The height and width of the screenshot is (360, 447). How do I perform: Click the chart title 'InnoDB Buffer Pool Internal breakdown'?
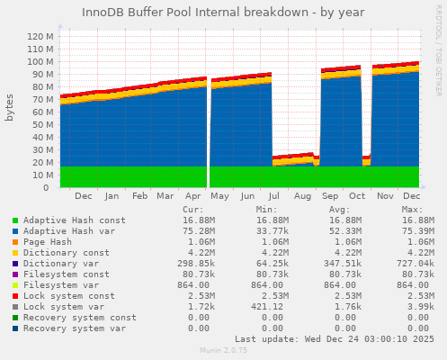pyautogui.click(x=223, y=13)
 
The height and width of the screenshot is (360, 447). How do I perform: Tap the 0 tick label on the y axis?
pyautogui.click(x=47, y=188)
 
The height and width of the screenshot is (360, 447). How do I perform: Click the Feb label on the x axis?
pyautogui.click(x=139, y=195)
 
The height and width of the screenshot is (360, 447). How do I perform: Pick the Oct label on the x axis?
pyautogui.click(x=356, y=195)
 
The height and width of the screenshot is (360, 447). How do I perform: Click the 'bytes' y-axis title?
pyautogui.click(x=10, y=106)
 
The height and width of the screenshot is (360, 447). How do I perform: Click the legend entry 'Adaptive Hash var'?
pyautogui.click(x=71, y=230)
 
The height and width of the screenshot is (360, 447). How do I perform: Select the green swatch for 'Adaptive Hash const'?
pyautogui.click(x=14, y=220)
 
